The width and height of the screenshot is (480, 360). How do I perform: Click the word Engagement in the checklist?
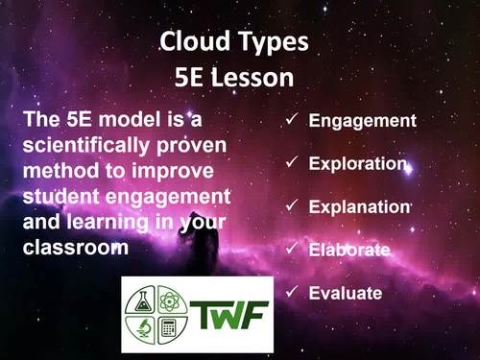pyautogui.click(x=361, y=121)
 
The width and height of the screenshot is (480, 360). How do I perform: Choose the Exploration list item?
pyautogui.click(x=358, y=164)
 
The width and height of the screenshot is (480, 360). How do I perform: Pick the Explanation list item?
pyautogui.click(x=359, y=206)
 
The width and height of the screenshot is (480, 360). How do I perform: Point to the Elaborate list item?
pyautogui.click(x=349, y=250)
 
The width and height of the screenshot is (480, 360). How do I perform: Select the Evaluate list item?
pyautogui.click(x=346, y=293)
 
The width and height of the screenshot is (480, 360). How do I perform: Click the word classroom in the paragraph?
pyautogui.click(x=73, y=247)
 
